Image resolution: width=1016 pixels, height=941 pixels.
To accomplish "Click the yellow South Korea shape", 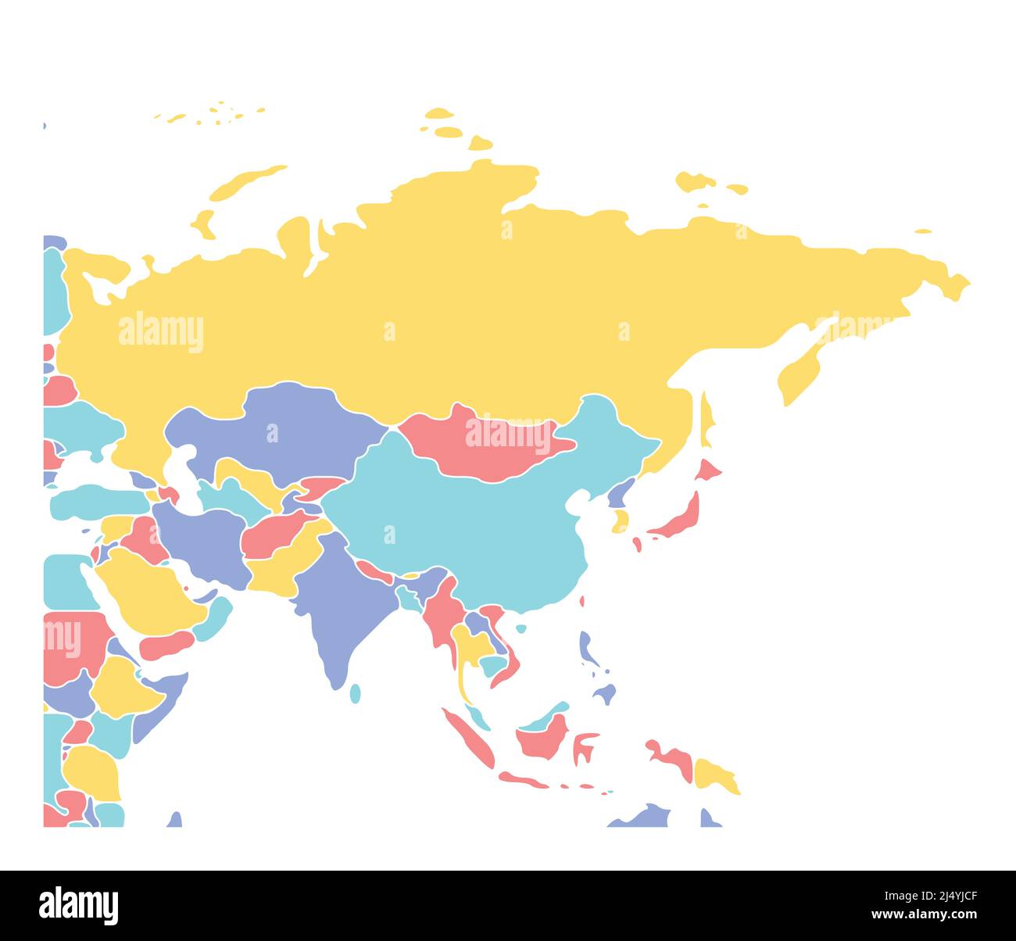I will tap(621, 521).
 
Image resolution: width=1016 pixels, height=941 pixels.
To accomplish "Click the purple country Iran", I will tap(203, 539).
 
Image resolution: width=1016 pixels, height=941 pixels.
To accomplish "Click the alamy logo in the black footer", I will tap(79, 905).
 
